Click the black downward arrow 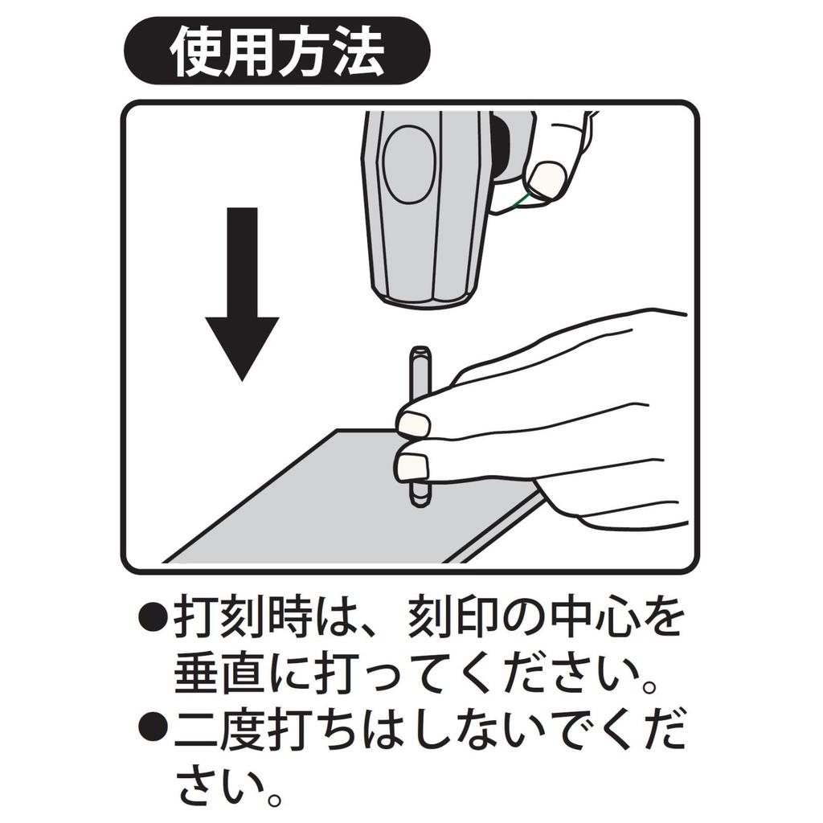[x=241, y=305]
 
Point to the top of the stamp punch [x=420, y=351]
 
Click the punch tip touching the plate [x=420, y=500]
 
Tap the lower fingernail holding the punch [x=412, y=465]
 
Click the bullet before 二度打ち [x=151, y=727]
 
